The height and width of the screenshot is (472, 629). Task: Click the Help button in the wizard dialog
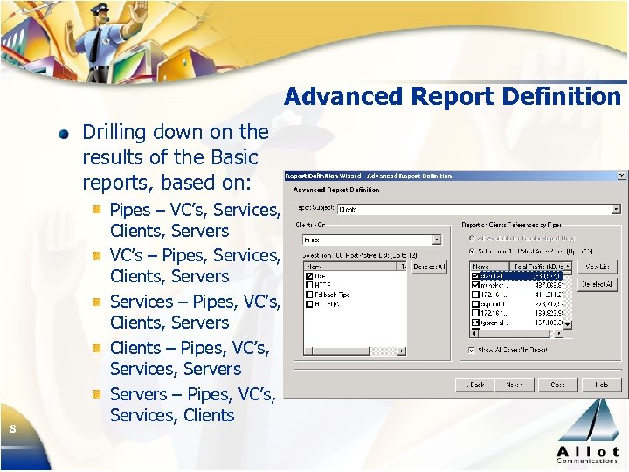point(602,385)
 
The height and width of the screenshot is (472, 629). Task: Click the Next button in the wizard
point(515,385)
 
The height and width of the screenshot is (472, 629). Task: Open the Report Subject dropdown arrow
point(616,209)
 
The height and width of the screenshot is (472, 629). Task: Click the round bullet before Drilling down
point(65,135)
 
